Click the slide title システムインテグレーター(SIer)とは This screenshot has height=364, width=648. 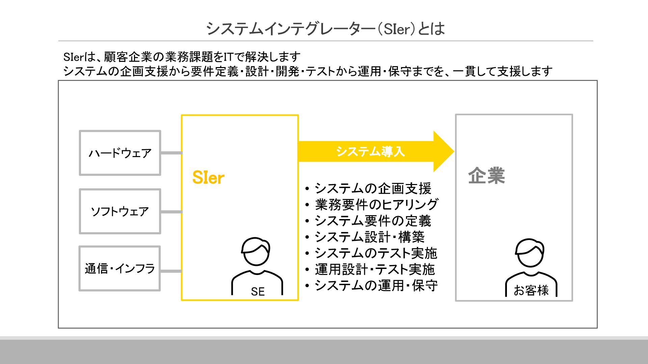(x=325, y=29)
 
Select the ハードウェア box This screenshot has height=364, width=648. (x=120, y=153)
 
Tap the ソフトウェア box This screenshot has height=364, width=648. (x=120, y=211)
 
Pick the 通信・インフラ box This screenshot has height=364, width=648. (x=120, y=269)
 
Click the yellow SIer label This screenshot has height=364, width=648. (x=208, y=178)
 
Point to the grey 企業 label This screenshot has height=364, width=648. (x=486, y=176)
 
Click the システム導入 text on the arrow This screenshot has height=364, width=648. (x=370, y=152)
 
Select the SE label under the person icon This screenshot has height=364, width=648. (x=258, y=292)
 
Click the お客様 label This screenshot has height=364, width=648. (x=531, y=290)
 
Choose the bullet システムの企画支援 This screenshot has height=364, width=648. (x=373, y=188)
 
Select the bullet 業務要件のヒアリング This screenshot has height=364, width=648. (x=376, y=205)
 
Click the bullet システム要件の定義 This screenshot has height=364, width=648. (x=373, y=221)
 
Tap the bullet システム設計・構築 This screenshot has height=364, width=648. (x=369, y=237)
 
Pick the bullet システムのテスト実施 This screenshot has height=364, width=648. (x=376, y=253)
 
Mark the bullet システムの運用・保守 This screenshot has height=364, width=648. (x=376, y=285)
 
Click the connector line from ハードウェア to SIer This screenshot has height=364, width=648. (x=171, y=153)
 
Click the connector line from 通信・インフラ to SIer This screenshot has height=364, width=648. (x=171, y=271)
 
